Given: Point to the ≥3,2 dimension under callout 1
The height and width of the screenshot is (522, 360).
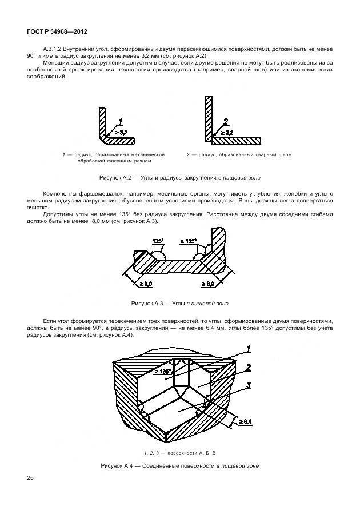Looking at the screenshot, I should click(x=122, y=133).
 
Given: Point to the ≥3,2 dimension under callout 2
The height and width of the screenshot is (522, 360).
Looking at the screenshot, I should click(x=226, y=133).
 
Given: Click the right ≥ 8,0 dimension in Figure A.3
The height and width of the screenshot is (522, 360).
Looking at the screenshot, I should click(x=207, y=283).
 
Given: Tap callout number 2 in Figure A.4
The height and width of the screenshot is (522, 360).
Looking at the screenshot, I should click(x=249, y=367).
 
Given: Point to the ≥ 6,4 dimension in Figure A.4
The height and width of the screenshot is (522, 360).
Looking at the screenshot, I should click(x=246, y=422).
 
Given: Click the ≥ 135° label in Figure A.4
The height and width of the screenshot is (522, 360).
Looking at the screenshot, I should click(x=163, y=372).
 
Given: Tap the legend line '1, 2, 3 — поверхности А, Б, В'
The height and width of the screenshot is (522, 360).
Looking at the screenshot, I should click(x=179, y=453).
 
